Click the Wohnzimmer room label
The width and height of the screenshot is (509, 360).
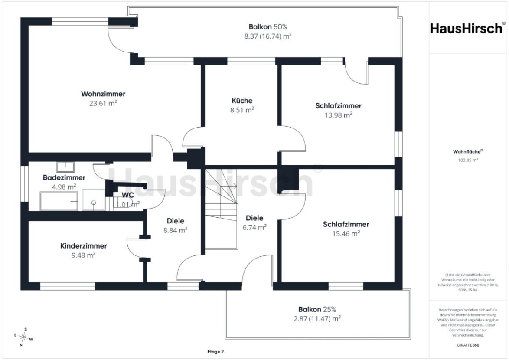click(x=103, y=94)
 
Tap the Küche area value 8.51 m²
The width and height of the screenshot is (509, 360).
click(x=242, y=110)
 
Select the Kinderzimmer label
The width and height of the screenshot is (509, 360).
click(x=83, y=246)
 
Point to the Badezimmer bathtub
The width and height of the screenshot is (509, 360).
click(x=59, y=201)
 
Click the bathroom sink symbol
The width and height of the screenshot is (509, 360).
click(x=65, y=167)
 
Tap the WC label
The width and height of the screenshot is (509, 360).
click(x=127, y=195)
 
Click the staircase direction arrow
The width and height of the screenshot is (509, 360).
click(x=235, y=187)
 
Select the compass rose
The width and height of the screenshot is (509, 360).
click(x=23, y=337)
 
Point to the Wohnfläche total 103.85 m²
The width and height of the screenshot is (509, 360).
click(x=468, y=160)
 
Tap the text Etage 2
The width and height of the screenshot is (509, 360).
click(x=215, y=352)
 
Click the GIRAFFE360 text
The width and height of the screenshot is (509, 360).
click(x=468, y=345)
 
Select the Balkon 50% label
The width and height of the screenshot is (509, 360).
click(x=268, y=27)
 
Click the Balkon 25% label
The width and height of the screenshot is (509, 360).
click(x=317, y=309)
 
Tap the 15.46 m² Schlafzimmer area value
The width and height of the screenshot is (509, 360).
click(x=346, y=234)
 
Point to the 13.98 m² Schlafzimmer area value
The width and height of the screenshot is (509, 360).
click(x=339, y=115)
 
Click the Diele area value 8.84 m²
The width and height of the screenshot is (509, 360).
click(x=175, y=230)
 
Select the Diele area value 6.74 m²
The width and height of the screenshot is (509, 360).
click(x=254, y=228)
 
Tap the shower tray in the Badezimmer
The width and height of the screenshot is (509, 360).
click(x=94, y=200)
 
